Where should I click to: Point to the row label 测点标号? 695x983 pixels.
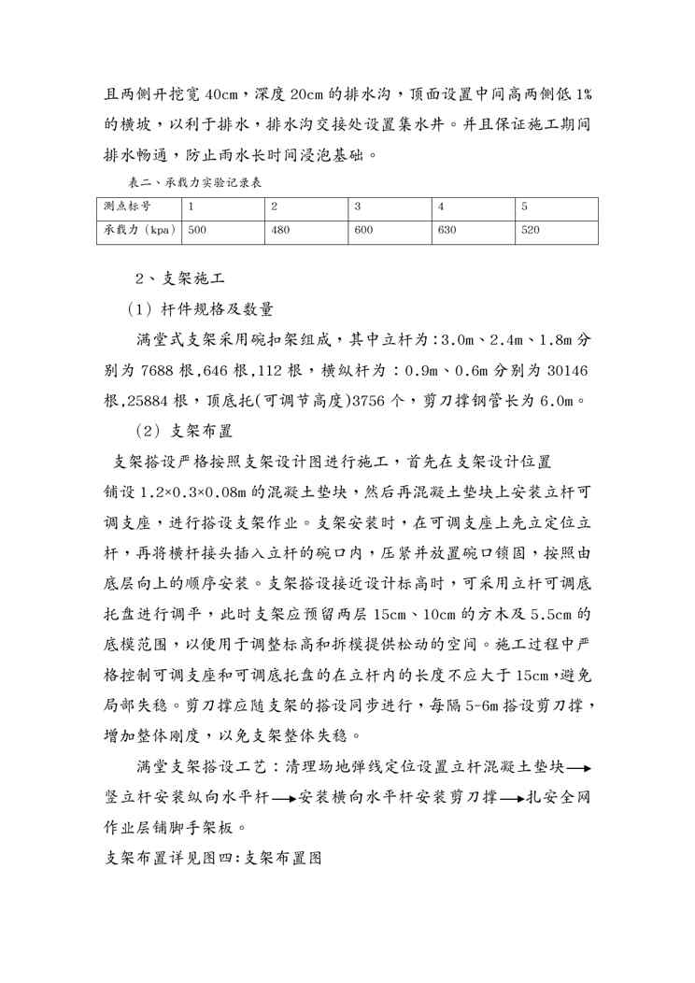(x=124, y=205)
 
